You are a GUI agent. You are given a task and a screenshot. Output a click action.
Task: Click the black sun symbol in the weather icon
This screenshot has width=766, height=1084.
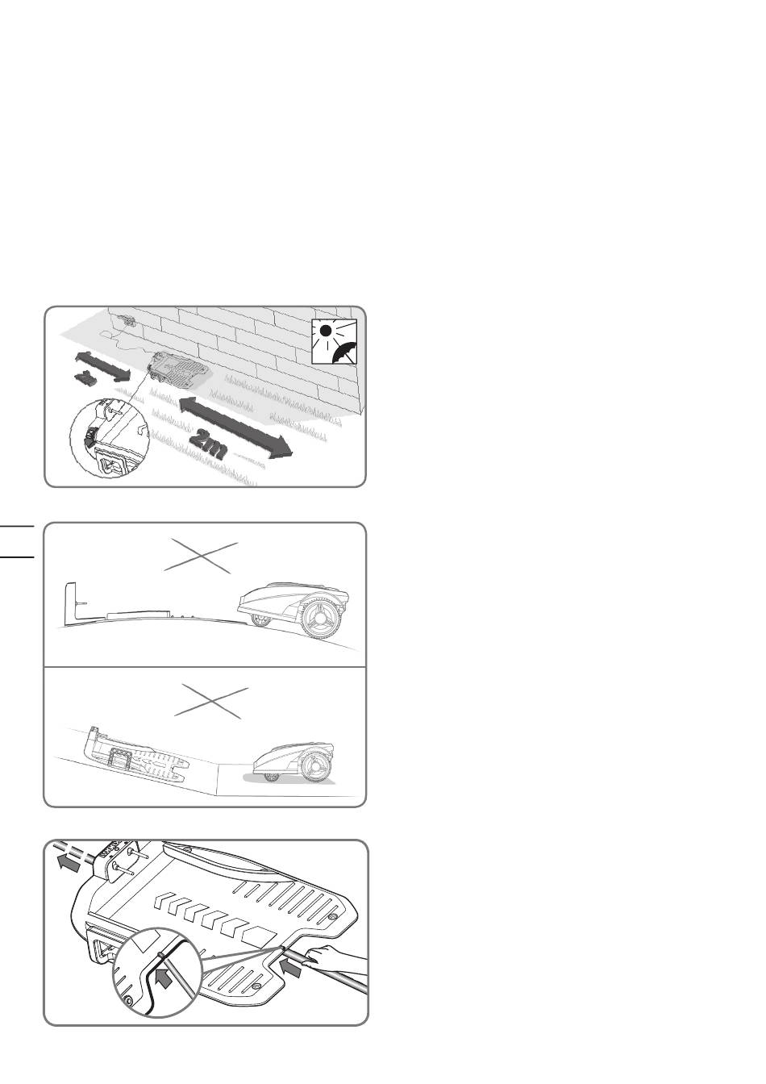(326, 331)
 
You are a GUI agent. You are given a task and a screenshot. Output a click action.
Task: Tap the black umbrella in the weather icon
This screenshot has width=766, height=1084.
(345, 352)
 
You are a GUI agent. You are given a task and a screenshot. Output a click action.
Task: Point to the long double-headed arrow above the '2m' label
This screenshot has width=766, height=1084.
(236, 427)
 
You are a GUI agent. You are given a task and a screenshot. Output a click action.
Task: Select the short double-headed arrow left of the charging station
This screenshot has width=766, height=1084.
(102, 366)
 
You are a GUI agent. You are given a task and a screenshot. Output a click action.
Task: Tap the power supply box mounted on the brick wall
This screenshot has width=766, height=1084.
(127, 319)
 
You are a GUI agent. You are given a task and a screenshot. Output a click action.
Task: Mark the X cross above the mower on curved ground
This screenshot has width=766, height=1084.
(201, 557)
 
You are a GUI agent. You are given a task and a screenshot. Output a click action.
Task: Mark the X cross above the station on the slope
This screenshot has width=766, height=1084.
(211, 703)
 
